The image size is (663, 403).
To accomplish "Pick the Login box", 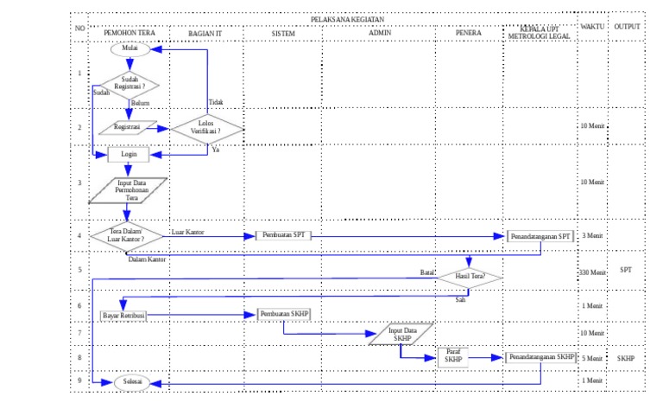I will tap(129, 156).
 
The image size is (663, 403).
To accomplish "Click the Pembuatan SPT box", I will tap(283, 235).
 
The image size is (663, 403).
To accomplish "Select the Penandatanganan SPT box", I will tap(540, 235).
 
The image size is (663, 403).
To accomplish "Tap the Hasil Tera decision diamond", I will tap(469, 277).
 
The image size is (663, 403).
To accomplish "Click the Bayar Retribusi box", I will tap(123, 316).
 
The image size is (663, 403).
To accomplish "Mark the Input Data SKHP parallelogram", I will tap(401, 335).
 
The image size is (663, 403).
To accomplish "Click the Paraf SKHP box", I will tap(453, 357).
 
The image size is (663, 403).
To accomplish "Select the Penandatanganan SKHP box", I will tap(540, 356).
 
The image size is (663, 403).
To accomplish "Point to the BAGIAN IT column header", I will tap(205, 33).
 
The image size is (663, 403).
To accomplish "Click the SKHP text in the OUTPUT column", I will tap(626, 357).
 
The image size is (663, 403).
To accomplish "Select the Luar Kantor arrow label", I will tap(187, 232).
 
